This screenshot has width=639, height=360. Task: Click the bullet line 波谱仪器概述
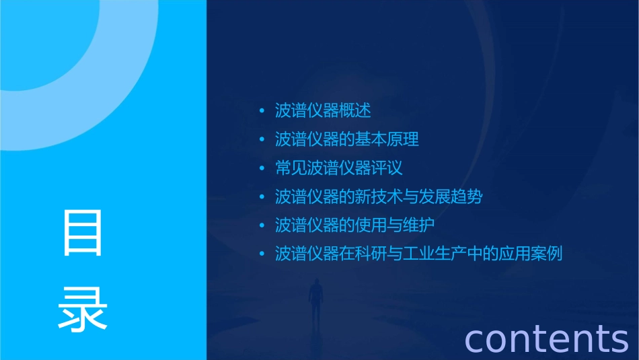click(323, 110)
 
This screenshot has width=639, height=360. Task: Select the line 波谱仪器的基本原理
click(347, 139)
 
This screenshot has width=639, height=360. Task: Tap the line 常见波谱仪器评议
click(339, 168)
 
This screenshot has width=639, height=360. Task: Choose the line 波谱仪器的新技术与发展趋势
click(379, 196)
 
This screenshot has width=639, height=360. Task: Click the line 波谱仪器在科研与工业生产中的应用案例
click(418, 254)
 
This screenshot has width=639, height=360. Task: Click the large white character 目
click(83, 233)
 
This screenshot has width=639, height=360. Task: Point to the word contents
click(546, 338)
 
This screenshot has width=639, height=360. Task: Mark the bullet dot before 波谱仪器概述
click(262, 111)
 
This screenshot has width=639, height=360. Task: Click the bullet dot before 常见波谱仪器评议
click(262, 168)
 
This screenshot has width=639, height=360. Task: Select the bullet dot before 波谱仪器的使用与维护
click(262, 225)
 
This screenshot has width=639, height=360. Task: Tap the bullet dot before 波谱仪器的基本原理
click(262, 140)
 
